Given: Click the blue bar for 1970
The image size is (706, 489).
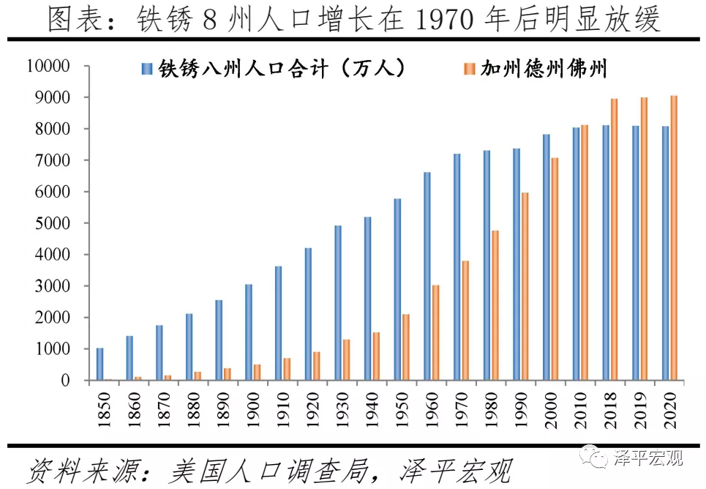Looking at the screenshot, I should [457, 267].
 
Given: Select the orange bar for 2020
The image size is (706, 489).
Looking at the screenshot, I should [673, 238].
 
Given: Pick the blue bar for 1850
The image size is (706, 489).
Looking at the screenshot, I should [100, 364].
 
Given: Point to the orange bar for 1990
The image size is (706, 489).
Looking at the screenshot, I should [525, 286].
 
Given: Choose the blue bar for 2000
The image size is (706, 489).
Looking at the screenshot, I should [547, 257].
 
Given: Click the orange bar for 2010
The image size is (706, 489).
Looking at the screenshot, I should [584, 253].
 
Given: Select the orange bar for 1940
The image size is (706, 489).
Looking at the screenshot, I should [376, 357].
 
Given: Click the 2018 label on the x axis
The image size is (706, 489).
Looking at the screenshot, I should [610, 404].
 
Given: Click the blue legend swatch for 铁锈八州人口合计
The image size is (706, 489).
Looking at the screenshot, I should [146, 70].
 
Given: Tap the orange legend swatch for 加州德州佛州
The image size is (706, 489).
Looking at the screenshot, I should [470, 70].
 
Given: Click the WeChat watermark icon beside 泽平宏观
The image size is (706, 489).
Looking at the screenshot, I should [593, 459].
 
